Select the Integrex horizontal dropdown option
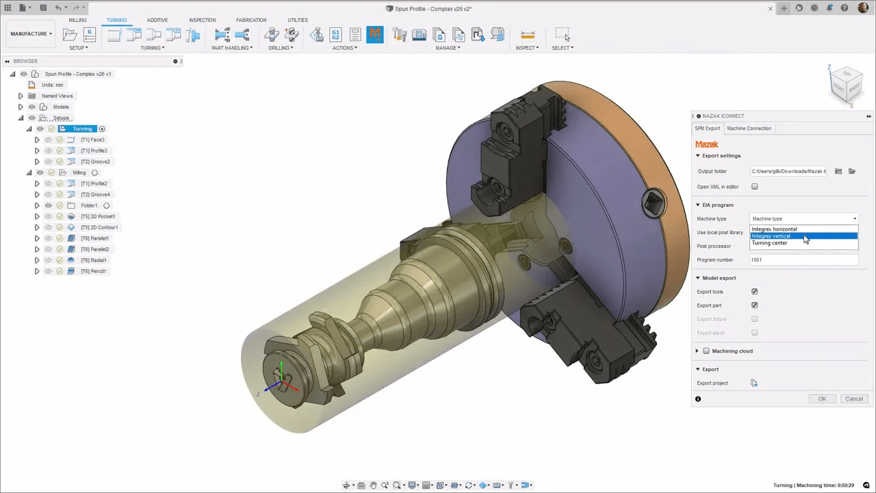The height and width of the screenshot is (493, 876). point(774,229)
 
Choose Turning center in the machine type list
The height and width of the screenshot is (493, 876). point(769,243)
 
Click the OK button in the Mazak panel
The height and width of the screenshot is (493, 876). point(822,399)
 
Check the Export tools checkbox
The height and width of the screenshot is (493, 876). point(755,292)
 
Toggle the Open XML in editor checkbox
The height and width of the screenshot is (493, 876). point(755,186)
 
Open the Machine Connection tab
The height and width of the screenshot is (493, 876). point(749,128)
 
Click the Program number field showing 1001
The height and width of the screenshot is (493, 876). point(803,260)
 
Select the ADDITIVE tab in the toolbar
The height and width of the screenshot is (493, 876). point(157,20)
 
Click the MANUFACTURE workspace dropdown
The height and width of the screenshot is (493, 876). point(31,34)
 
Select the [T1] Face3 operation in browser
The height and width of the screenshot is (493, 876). point(92,140)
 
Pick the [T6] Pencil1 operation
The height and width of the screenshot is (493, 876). point(93,271)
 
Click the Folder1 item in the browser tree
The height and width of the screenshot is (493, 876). point(89,205)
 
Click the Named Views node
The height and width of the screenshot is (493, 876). point(57,96)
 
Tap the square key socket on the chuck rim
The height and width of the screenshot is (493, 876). point(653,202)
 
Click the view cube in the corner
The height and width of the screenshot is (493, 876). point(846,84)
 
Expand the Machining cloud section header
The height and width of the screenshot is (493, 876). point(732,351)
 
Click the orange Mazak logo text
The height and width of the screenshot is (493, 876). point(706,144)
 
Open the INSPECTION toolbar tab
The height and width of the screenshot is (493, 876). point(202,20)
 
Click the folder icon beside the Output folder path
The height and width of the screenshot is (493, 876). point(852,171)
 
